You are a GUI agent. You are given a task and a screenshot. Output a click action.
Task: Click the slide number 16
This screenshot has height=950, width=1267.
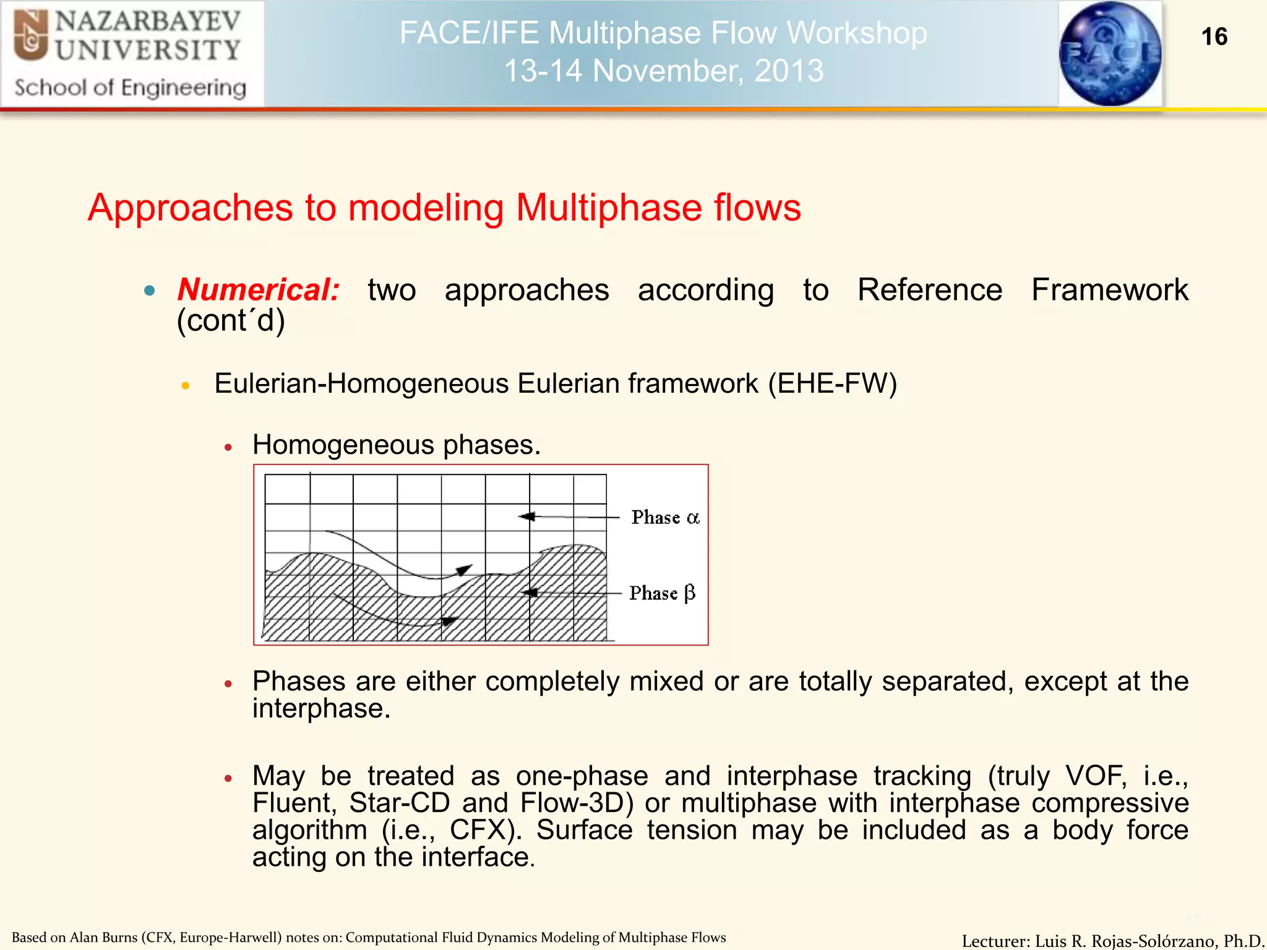pos(1214,36)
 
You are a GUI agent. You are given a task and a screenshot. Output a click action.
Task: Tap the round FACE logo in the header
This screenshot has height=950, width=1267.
pos(1110,53)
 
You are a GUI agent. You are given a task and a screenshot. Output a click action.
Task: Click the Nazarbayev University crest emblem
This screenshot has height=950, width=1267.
pos(31,36)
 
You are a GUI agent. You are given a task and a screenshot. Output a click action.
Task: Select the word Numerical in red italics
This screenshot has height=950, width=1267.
pos(258,290)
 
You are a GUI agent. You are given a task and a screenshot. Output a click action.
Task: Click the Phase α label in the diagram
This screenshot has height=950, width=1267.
pos(665,517)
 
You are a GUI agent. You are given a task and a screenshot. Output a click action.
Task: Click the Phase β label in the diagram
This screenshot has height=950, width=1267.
pos(662,593)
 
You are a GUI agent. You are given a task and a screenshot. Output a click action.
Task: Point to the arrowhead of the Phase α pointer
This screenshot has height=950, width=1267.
pos(526,516)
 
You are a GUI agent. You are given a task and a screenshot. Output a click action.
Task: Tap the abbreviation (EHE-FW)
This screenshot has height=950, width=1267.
pos(832,383)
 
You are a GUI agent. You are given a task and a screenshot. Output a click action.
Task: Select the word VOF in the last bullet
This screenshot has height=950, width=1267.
pos(1094,776)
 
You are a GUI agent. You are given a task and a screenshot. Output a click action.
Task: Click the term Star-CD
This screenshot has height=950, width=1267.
pos(399,803)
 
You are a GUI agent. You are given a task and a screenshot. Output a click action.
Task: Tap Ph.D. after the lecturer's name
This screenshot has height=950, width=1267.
pos(1243,941)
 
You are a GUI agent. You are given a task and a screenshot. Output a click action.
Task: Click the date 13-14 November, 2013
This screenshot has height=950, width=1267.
pos(663,71)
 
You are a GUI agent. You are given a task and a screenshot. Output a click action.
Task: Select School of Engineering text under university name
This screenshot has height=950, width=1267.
pos(130,88)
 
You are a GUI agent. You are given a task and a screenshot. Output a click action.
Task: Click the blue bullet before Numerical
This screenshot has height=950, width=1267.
pos(149,291)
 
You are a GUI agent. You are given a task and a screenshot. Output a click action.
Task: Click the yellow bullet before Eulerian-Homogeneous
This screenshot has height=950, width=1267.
pos(185,385)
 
